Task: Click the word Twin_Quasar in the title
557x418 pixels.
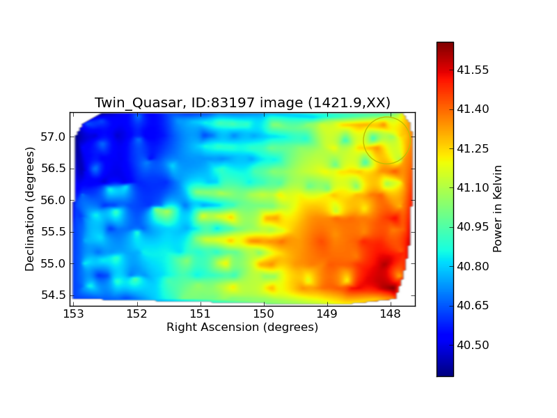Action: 138,102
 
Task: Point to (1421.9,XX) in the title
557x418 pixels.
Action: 350,102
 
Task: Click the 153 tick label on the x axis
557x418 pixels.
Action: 74,314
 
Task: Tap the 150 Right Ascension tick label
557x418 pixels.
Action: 264,314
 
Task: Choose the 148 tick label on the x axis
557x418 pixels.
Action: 391,314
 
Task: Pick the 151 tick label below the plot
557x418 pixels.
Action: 201,314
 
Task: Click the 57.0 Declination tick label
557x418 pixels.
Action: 54,137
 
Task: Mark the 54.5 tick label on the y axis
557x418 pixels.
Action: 54,295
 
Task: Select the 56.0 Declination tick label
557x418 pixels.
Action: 54,200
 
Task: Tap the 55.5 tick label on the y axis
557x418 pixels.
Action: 54,232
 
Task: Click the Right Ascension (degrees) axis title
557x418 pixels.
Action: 242,327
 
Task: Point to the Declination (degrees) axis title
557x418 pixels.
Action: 30,209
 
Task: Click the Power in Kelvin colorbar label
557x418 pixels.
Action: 497,209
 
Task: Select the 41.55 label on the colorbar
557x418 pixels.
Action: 473,70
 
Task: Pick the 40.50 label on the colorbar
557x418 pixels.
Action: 473,345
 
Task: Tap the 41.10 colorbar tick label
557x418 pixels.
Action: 473,187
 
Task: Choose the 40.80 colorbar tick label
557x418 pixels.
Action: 473,266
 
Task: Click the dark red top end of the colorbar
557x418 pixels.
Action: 445,44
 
